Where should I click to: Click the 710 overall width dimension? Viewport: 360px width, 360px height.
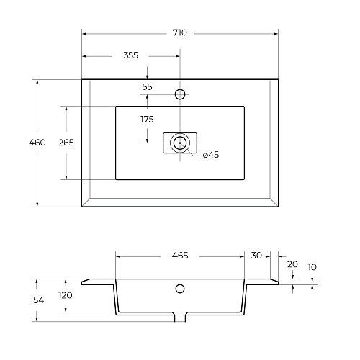click(180, 32)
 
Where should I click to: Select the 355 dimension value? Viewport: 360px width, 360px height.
click(131, 55)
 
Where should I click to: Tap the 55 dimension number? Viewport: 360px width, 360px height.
click(147, 86)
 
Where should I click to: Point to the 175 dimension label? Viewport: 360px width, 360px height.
click(147, 119)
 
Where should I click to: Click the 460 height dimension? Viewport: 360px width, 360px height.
click(37, 143)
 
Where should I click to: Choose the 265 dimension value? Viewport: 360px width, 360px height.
click(66, 143)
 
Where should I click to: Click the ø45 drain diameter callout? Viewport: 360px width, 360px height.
click(211, 155)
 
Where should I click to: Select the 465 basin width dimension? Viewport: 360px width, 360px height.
click(180, 256)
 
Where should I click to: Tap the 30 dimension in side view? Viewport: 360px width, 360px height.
click(256, 256)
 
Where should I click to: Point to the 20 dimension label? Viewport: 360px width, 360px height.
click(292, 264)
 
